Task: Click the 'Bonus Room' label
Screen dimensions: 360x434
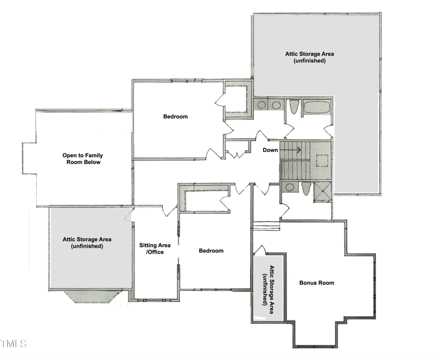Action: pos(317,283)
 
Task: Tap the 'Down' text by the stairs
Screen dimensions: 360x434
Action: pos(271,150)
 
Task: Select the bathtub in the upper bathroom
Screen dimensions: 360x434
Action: pos(316,106)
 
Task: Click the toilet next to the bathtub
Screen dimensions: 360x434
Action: pos(293,107)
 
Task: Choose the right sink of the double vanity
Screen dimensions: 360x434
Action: pos(276,105)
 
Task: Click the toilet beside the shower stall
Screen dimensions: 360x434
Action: pos(307,189)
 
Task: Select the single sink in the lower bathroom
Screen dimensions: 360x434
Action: pos(290,188)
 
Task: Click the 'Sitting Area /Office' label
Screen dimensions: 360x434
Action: pos(151,248)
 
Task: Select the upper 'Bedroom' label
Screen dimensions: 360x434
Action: pos(175,117)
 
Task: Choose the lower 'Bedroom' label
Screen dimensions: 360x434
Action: pos(211,250)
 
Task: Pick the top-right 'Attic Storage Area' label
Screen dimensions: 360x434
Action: pos(309,57)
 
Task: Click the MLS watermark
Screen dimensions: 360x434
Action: pos(14,343)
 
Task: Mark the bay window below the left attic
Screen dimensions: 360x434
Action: pos(92,296)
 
